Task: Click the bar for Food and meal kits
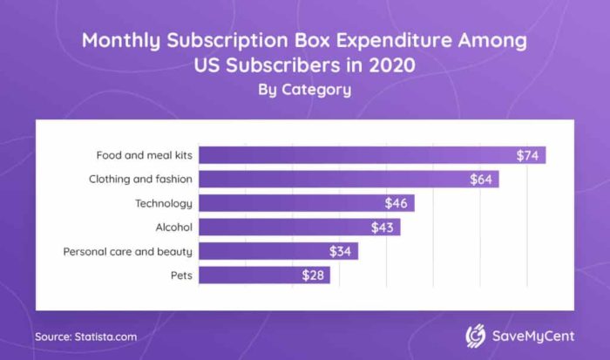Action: click(370, 156)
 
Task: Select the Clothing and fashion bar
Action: click(347, 180)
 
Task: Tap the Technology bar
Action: click(305, 203)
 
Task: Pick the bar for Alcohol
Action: click(298, 228)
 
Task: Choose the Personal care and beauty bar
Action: click(277, 251)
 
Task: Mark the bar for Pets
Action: click(263, 275)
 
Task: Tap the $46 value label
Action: click(397, 203)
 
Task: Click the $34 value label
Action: click(342, 251)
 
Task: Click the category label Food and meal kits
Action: click(144, 156)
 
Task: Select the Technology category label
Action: click(163, 203)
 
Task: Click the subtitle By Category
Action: click(304, 89)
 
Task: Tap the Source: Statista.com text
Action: click(85, 336)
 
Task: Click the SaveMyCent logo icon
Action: click(476, 336)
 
